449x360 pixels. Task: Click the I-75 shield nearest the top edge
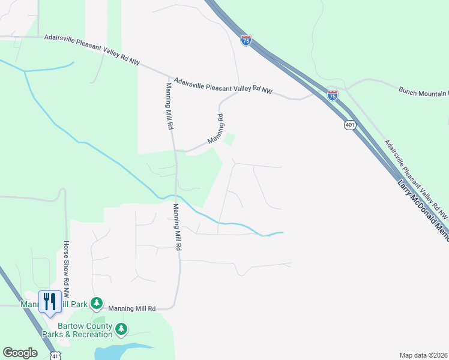(x=246, y=40)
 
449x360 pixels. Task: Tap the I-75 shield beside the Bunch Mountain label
(x=333, y=94)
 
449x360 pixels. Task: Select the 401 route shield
(x=351, y=125)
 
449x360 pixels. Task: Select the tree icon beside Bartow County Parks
(x=121, y=329)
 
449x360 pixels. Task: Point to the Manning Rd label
(x=215, y=128)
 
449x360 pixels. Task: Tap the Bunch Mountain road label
(x=423, y=91)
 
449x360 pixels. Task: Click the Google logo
(x=20, y=353)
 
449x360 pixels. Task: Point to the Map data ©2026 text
(x=424, y=355)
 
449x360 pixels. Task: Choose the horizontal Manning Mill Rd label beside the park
(x=132, y=308)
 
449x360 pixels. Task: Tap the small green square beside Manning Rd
(x=228, y=140)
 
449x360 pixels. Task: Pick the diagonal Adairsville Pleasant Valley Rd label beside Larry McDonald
(x=415, y=179)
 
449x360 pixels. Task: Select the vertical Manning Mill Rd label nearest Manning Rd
(x=169, y=106)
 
